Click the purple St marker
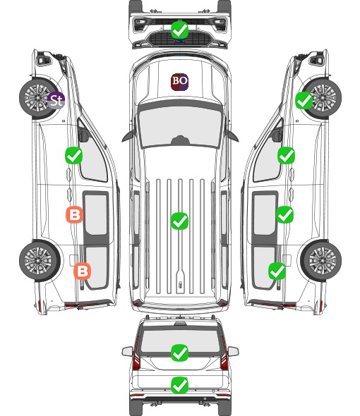(56, 100)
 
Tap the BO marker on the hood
(179, 82)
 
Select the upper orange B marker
(74, 214)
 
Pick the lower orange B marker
(83, 271)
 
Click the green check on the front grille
(179, 30)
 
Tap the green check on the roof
(179, 221)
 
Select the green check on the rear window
(179, 353)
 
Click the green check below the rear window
(179, 385)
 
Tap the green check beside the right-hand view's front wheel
(304, 100)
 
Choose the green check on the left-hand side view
(74, 155)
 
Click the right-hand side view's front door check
(286, 155)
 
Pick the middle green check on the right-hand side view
(284, 214)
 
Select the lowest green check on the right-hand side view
(277, 271)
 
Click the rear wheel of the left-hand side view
(40, 260)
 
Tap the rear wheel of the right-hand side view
(321, 260)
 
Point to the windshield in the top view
(180, 126)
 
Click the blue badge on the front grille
(180, 41)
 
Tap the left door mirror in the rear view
(127, 351)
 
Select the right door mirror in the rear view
(233, 351)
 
